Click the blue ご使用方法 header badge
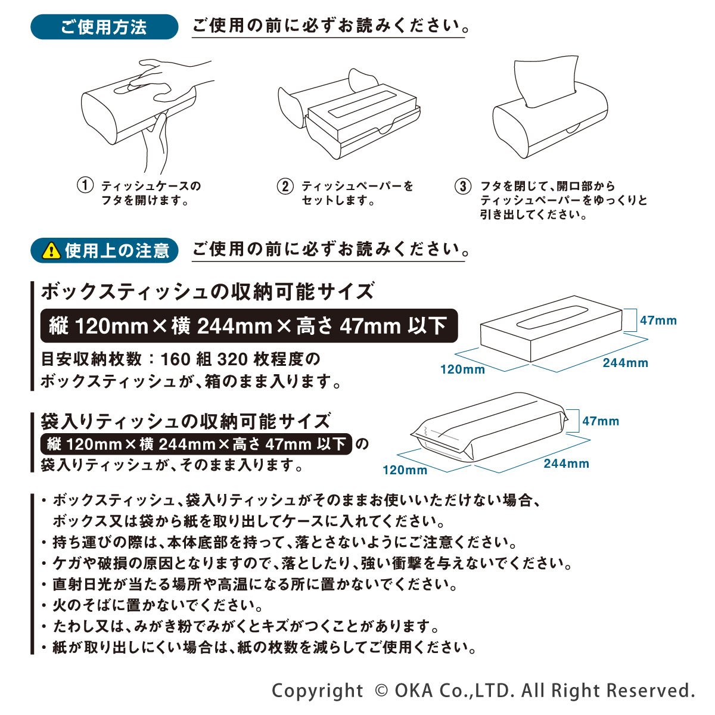click(104, 27)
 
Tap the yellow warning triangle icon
click(51, 250)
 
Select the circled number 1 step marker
click(85, 185)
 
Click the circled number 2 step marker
click(285, 186)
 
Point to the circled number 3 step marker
click(463, 186)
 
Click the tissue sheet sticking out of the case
click(545, 82)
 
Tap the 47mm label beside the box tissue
click(658, 320)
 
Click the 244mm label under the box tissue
click(625, 362)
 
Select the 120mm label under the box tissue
click(463, 369)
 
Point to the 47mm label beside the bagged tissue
click(601, 421)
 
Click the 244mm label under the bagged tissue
click(566, 464)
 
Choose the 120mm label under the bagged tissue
click(405, 470)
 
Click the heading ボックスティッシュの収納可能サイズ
click(207, 291)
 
